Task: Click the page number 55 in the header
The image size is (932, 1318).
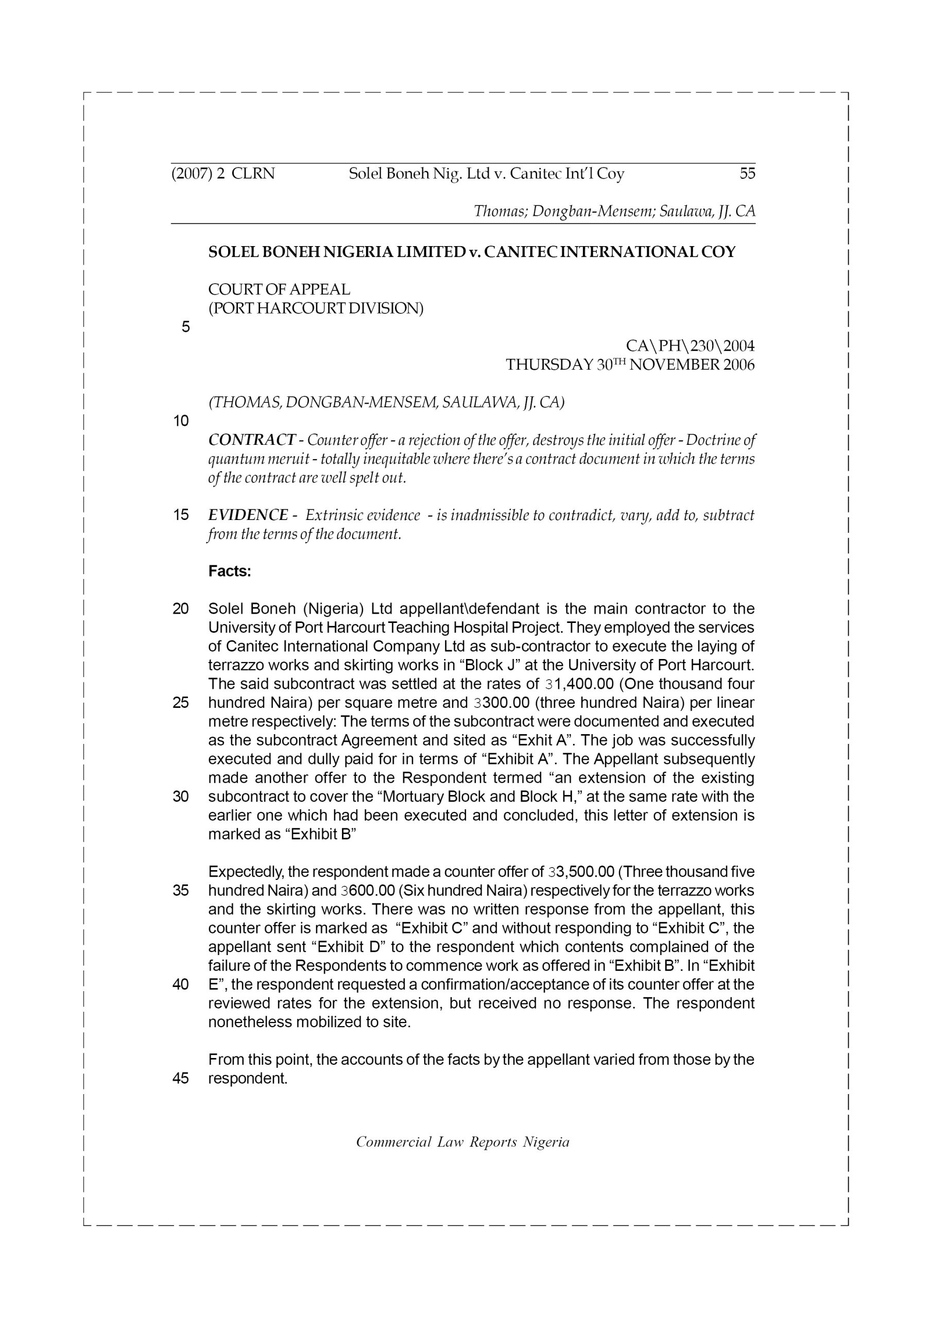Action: click(x=747, y=174)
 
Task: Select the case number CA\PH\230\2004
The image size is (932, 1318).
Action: click(x=689, y=346)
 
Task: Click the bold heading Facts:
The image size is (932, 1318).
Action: click(x=230, y=572)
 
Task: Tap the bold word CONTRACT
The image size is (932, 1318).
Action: click(x=251, y=440)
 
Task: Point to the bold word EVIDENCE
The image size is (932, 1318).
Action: click(x=248, y=515)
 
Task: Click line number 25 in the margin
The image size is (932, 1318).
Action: click(x=181, y=703)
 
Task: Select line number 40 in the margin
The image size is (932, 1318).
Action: click(x=181, y=984)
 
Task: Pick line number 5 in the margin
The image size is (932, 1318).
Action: click(x=185, y=327)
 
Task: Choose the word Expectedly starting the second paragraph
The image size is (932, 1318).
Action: click(x=245, y=872)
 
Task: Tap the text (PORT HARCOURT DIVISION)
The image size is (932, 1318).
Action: click(x=316, y=308)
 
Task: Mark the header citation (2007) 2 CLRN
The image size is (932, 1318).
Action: click(x=223, y=174)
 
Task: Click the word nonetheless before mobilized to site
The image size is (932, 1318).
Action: click(x=249, y=1022)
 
